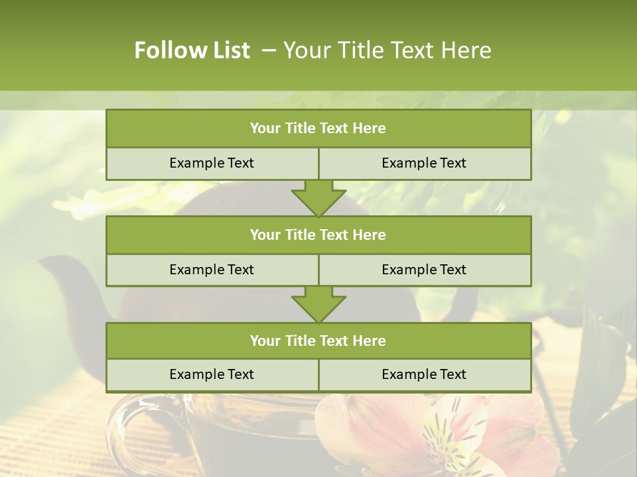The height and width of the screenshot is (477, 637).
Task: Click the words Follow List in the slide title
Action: point(192,50)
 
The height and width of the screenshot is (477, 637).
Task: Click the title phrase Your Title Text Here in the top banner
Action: point(387,50)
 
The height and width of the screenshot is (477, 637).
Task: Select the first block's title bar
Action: point(318,129)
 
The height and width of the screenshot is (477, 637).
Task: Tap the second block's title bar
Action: point(318,235)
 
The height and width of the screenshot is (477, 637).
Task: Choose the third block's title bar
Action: point(318,341)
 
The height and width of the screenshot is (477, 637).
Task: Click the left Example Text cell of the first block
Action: point(212,164)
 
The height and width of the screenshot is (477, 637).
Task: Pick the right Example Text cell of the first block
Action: point(424,164)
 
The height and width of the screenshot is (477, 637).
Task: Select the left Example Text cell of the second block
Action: point(212,270)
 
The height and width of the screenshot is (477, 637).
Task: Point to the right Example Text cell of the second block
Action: point(424,270)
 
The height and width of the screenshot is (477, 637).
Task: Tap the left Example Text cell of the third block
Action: point(212,375)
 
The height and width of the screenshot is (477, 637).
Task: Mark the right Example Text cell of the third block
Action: point(424,375)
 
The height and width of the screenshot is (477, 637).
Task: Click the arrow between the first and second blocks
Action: point(318,198)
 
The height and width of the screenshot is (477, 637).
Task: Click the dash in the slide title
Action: point(269,50)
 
